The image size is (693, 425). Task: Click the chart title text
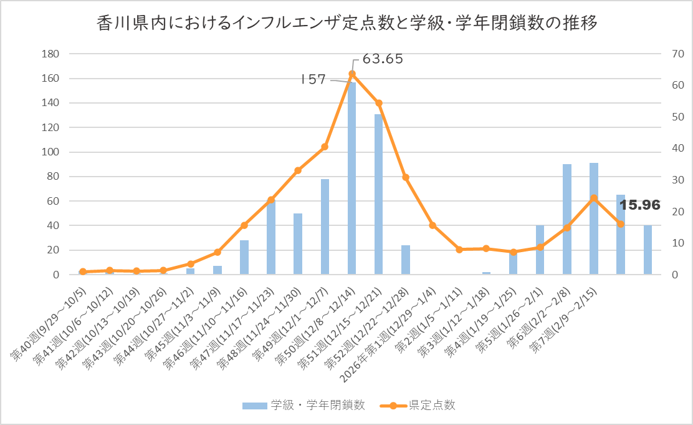point(347,24)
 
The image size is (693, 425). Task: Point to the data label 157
point(313,79)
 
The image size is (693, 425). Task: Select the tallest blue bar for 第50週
point(351,181)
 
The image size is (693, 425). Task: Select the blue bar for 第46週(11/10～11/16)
point(244,258)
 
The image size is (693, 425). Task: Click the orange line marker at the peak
point(352,74)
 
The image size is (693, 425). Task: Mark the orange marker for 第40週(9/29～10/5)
point(82,271)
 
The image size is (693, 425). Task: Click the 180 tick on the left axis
point(50,54)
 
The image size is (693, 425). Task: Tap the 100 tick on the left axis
point(50,152)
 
